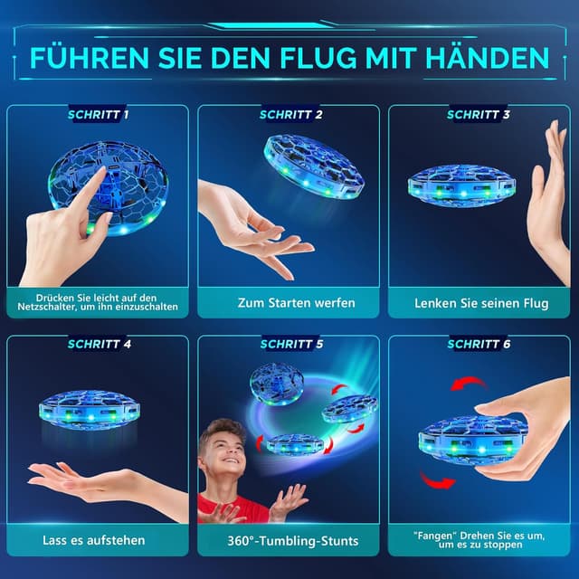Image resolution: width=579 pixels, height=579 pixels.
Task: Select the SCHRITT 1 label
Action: [98, 115]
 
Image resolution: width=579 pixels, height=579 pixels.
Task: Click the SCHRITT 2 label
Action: [290, 115]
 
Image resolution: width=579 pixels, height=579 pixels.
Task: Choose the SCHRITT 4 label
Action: [99, 344]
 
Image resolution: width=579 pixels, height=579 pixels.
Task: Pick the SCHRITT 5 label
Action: [290, 344]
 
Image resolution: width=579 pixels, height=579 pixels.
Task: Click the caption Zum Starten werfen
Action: [290, 303]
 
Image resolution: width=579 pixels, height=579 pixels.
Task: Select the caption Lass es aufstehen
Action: [94, 541]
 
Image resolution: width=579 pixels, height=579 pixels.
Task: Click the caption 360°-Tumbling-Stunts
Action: [290, 541]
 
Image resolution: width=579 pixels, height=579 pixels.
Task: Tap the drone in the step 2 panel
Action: [312, 165]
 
